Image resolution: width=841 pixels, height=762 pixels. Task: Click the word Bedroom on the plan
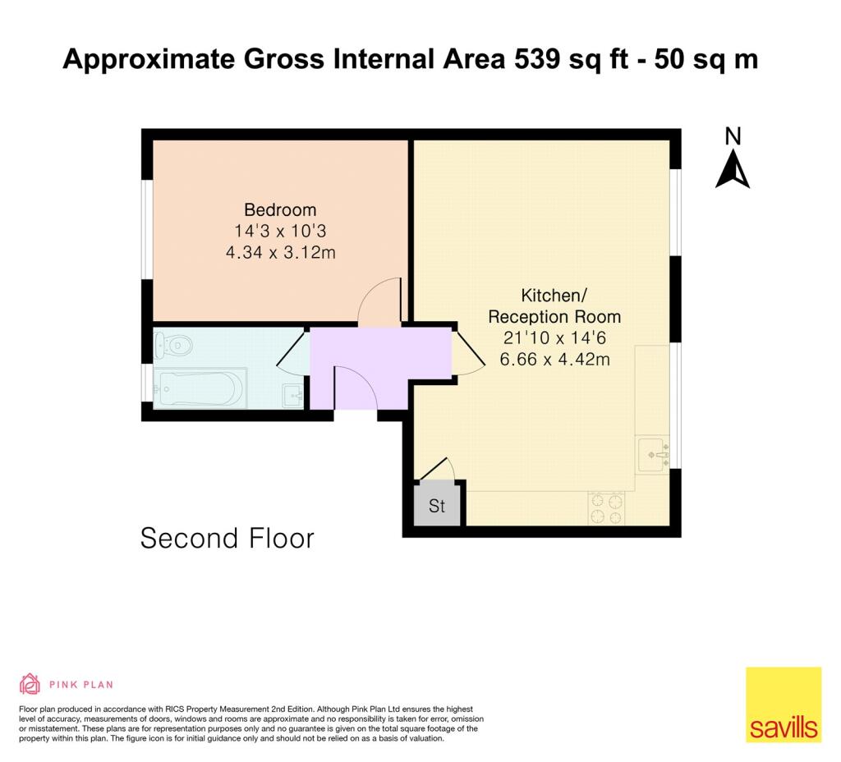[280, 209]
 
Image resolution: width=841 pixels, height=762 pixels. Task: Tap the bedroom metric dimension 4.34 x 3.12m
[280, 253]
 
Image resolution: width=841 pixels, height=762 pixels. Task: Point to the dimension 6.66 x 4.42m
[555, 359]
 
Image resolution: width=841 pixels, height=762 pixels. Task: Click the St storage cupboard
[437, 506]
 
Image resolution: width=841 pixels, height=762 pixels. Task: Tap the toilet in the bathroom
[175, 345]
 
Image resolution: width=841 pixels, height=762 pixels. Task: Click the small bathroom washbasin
[292, 395]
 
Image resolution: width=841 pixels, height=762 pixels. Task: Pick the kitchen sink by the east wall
[654, 454]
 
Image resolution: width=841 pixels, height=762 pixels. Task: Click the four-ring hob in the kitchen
[607, 507]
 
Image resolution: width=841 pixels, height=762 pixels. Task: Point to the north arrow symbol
[733, 171]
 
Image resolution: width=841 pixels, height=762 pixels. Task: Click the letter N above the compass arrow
[733, 136]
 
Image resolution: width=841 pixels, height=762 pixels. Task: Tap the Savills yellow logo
[783, 705]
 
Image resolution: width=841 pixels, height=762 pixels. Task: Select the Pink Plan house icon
[30, 683]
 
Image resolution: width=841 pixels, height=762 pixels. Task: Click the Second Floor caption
[227, 539]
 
